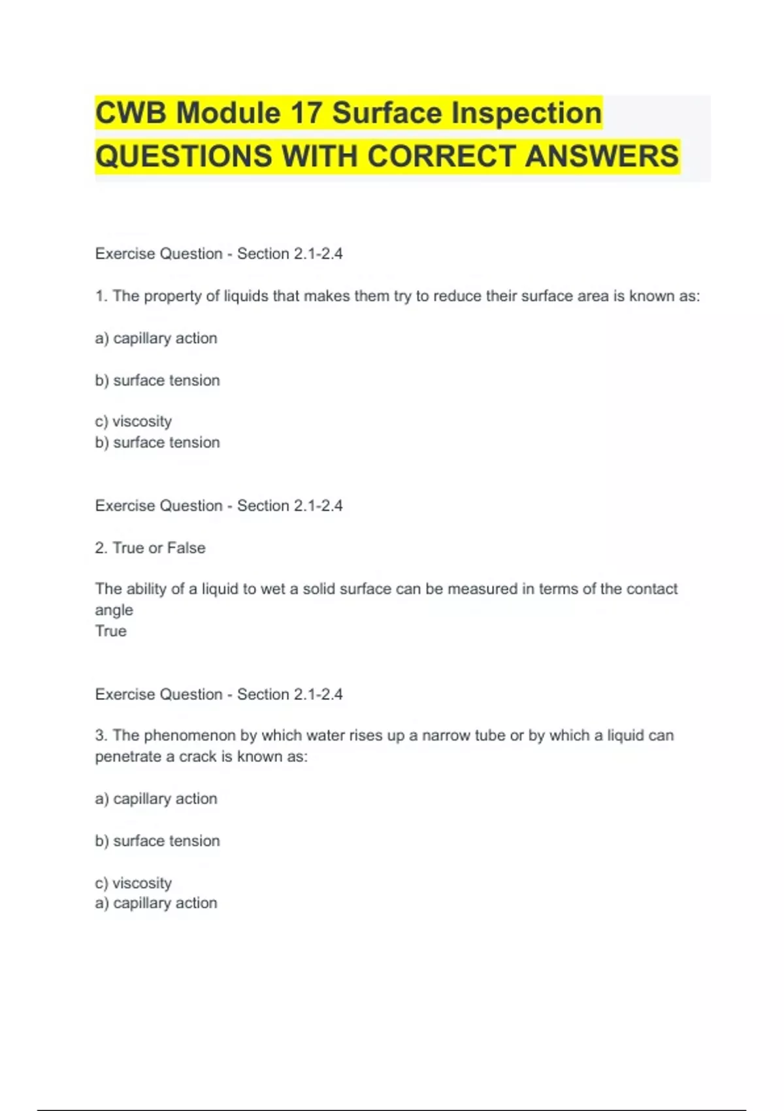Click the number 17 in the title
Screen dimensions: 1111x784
pyautogui.click(x=306, y=113)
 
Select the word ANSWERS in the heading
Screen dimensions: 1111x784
pyautogui.click(x=602, y=156)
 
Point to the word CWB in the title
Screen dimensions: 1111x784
pyautogui.click(x=131, y=113)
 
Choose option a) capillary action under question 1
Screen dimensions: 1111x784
pyautogui.click(x=156, y=339)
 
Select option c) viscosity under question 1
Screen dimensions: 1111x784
pyautogui.click(x=133, y=422)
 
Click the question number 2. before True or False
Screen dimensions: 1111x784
pyautogui.click(x=101, y=548)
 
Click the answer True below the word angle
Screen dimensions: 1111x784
pyautogui.click(x=111, y=631)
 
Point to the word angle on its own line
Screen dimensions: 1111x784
pyautogui.click(x=114, y=610)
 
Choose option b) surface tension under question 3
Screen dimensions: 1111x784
pyautogui.click(x=157, y=841)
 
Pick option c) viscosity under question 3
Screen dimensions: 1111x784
pyautogui.click(x=133, y=883)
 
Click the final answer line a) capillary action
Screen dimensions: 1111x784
pyautogui.click(x=156, y=903)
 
